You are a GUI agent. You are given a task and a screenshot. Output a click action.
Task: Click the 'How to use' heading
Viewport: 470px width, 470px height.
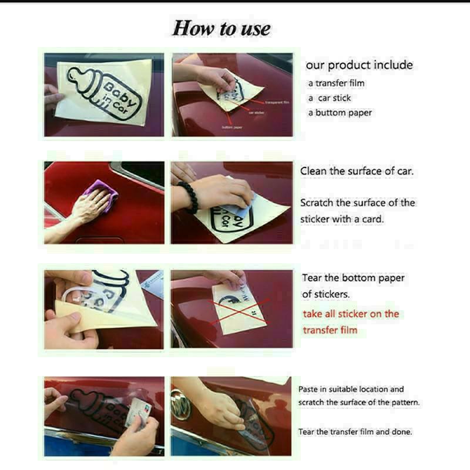[x=221, y=29]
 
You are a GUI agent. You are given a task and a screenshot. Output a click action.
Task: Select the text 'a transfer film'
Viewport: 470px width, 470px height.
[x=337, y=83]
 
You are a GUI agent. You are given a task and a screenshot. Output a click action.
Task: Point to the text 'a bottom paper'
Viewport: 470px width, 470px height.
[x=340, y=113]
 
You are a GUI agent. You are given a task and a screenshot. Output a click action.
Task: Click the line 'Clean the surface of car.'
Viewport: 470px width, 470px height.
[x=357, y=172]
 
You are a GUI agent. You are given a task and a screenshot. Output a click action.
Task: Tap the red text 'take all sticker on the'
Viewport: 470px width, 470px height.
[x=351, y=314]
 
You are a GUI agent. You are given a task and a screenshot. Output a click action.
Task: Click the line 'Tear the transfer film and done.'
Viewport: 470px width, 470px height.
[x=355, y=432]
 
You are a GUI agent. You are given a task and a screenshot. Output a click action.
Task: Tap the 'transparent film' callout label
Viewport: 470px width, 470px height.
[x=278, y=102]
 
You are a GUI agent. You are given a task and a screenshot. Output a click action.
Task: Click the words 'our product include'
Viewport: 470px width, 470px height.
[x=359, y=65]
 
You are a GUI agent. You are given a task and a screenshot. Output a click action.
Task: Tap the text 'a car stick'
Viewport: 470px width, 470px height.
[x=330, y=98]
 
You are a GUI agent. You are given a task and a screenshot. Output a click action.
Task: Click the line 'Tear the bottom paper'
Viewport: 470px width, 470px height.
[x=353, y=278]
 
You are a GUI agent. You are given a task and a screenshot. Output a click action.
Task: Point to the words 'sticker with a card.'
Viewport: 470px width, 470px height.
[x=342, y=219]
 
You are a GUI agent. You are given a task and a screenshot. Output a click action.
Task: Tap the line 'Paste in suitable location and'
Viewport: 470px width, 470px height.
[x=351, y=389]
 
